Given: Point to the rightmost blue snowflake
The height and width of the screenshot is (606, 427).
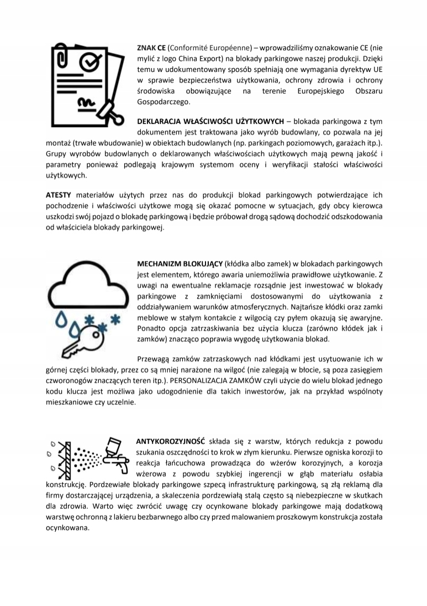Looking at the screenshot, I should coord(115,319).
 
